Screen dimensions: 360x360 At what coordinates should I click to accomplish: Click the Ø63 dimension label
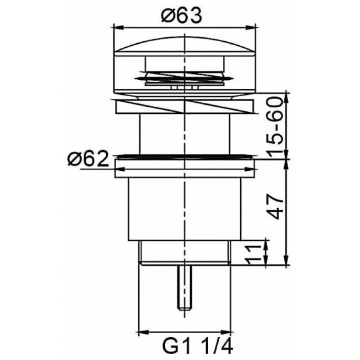pyautogui.click(x=181, y=14)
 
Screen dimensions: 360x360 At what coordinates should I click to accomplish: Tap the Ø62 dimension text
pyautogui.click(x=88, y=158)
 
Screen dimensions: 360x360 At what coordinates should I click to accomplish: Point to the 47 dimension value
pyautogui.click(x=276, y=207)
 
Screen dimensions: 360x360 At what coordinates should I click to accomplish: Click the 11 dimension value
pyautogui.click(x=253, y=254)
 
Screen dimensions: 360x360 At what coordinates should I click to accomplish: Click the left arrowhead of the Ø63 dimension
pyautogui.click(x=119, y=28)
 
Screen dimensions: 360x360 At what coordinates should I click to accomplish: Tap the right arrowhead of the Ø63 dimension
pyautogui.click(x=250, y=28)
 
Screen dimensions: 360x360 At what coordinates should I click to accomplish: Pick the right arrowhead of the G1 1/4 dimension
pyautogui.click(x=225, y=332)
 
